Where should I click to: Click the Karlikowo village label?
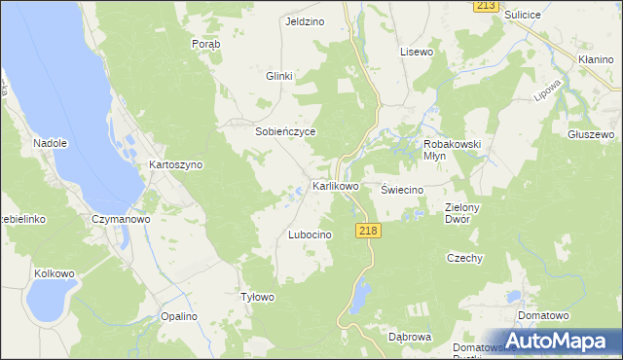[335, 185]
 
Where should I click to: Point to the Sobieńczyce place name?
[286, 130]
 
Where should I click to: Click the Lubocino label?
[311, 235]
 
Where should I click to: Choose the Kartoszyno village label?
[175, 164]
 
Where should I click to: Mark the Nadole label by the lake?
[50, 143]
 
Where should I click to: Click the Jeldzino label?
[304, 21]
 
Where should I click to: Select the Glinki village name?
[279, 76]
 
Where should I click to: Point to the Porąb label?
[206, 45]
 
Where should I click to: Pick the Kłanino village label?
[594, 60]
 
